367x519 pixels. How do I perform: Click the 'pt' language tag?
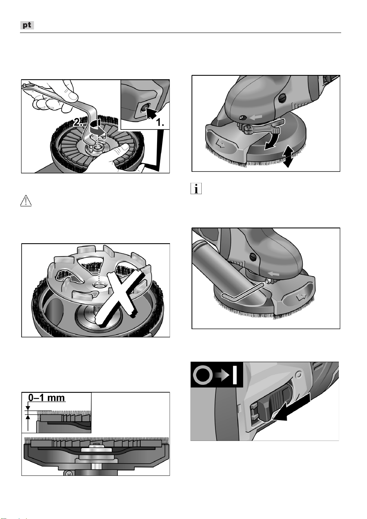27,25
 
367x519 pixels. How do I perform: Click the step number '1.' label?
160,122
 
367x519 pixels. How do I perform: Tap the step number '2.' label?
78,122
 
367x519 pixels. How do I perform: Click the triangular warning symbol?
26,200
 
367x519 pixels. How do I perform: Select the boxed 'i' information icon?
196,188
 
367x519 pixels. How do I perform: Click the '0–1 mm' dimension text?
47,398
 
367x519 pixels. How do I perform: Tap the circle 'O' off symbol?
202,375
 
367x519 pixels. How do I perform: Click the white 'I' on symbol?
235,375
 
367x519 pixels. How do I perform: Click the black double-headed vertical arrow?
288,157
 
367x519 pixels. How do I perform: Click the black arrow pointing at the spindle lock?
152,114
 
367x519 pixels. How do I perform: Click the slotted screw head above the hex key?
253,257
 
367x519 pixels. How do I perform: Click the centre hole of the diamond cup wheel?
98,285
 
